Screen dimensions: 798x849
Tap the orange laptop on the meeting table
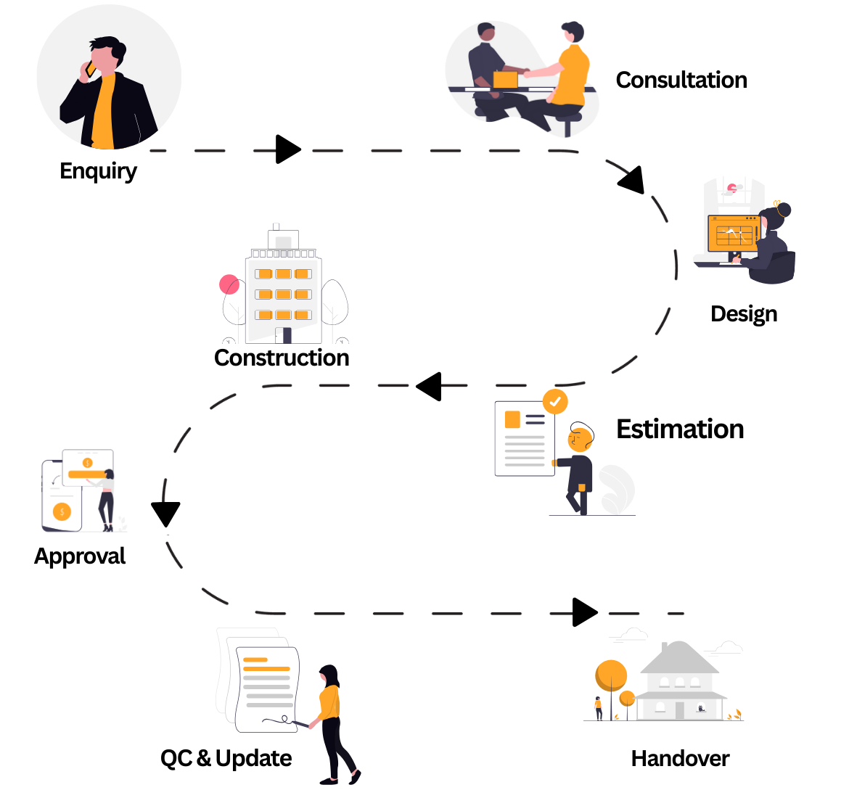click(506, 80)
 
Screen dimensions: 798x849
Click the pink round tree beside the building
click(229, 284)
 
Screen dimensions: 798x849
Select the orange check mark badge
click(555, 401)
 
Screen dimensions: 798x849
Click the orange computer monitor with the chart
click(733, 234)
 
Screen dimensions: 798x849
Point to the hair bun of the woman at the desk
click(782, 210)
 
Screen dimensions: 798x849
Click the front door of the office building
click(287, 335)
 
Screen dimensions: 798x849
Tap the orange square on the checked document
click(512, 419)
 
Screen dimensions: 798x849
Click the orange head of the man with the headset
click(580, 440)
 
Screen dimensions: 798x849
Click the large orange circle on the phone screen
click(62, 511)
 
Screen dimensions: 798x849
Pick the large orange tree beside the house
click(611, 675)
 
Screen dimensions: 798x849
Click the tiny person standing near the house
click(598, 707)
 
